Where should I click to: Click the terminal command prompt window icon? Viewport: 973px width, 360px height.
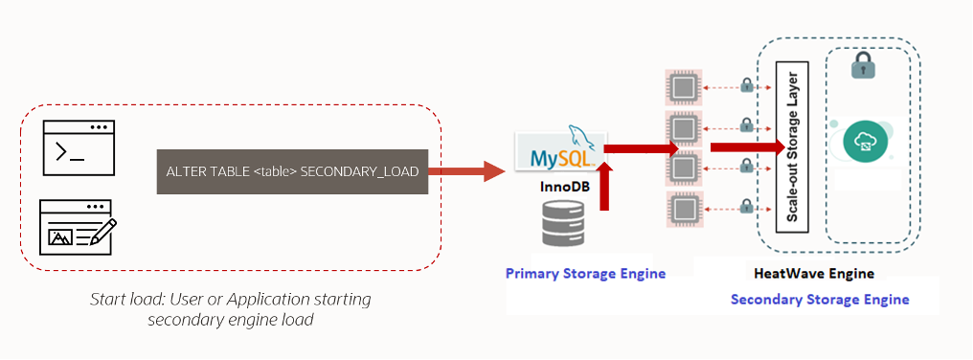(79, 149)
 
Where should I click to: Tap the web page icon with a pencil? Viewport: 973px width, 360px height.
(79, 227)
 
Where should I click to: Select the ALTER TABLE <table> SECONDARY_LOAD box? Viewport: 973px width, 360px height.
(292, 172)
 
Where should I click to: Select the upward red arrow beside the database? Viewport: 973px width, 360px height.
(604, 187)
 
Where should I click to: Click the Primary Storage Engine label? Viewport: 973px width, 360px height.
(585, 274)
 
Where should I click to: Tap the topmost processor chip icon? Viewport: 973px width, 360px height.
(684, 87)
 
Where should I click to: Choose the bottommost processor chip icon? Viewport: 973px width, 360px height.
(684, 208)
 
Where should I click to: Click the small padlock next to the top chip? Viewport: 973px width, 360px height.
(747, 86)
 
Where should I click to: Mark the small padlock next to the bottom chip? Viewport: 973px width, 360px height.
(747, 203)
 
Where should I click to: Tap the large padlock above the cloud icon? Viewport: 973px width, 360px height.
(863, 66)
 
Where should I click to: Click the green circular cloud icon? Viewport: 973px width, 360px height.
(863, 144)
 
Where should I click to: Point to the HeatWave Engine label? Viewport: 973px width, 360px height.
(813, 274)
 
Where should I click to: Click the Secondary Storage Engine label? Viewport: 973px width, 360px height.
(820, 300)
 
